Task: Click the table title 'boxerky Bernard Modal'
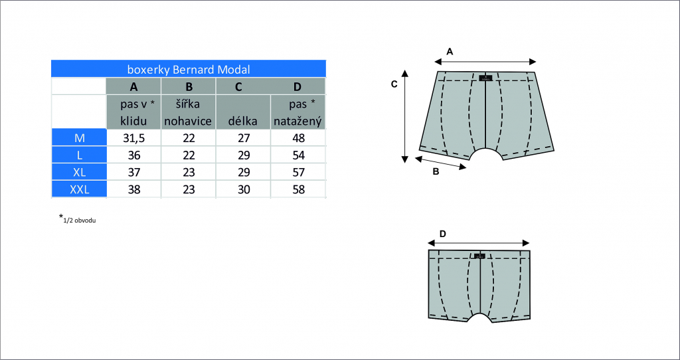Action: [188, 69]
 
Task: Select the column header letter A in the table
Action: [133, 87]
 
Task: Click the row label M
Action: [79, 138]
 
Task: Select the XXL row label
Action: [79, 189]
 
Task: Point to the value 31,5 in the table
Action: [134, 138]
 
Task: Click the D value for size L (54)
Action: [298, 155]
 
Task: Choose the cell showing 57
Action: [298, 172]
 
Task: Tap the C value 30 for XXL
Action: [243, 189]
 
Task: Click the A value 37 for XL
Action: [134, 172]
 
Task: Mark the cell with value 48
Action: [298, 138]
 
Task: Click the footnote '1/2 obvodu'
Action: [80, 221]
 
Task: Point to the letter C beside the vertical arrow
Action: [394, 84]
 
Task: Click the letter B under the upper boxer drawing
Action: [436, 171]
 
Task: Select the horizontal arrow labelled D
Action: [479, 243]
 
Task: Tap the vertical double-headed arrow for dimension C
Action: [405, 116]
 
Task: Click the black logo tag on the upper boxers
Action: [485, 78]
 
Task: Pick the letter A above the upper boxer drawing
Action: [450, 52]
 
